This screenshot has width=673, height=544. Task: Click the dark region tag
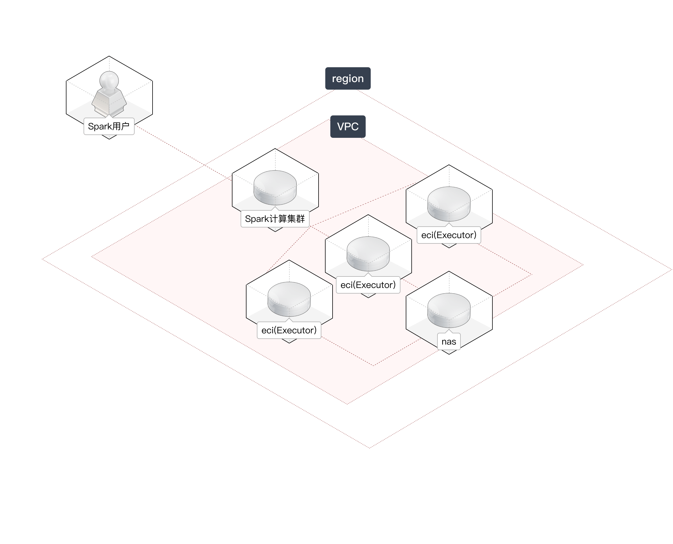click(x=347, y=78)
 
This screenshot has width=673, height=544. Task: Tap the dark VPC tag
click(x=347, y=127)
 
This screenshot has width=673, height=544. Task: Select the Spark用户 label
click(x=109, y=126)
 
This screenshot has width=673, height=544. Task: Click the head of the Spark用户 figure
click(x=109, y=80)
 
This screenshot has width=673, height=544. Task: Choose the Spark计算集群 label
click(x=275, y=219)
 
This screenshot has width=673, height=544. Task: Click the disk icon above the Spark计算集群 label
click(x=275, y=187)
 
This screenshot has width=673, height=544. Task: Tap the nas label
click(x=449, y=341)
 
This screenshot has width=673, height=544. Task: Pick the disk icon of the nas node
click(x=449, y=310)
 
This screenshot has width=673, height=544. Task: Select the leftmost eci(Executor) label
click(x=289, y=330)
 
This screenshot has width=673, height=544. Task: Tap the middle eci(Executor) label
click(x=368, y=285)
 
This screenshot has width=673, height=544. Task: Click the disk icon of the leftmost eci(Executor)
click(x=289, y=299)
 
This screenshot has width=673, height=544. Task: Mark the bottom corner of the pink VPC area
click(x=347, y=404)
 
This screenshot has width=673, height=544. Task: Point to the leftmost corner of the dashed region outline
click(x=43, y=259)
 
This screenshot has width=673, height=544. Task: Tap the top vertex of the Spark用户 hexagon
click(x=109, y=57)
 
